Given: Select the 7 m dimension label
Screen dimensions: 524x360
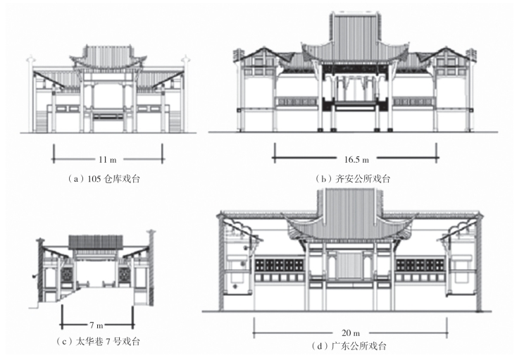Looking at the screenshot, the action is [x=97, y=326].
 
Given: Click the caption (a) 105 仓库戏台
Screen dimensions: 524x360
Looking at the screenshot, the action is [x=106, y=179].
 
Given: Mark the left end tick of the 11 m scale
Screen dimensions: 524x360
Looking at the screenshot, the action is [x=53, y=150].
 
